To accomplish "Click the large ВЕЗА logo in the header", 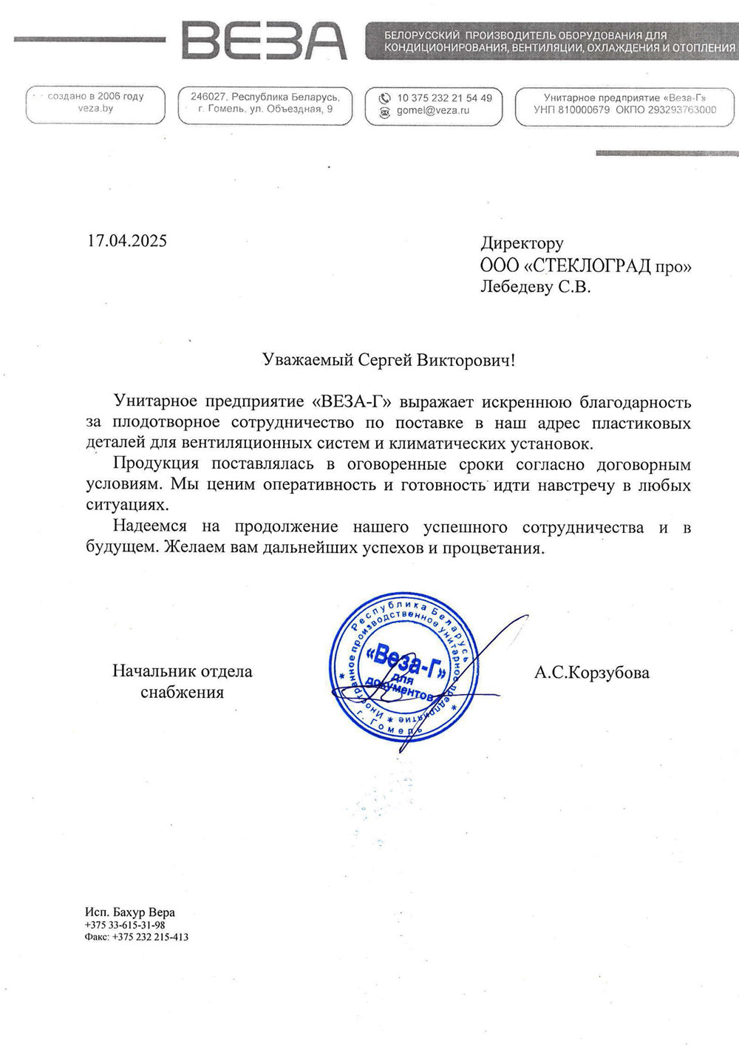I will click(264, 41).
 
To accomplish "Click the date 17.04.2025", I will click(127, 241).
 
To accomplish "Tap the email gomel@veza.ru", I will click(432, 111).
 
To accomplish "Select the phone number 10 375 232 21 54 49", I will click(444, 98).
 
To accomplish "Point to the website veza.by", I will click(95, 109).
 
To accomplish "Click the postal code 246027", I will click(208, 97).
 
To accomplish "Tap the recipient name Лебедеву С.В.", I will click(535, 287).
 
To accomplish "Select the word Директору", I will click(522, 243).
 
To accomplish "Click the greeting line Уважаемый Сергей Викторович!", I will click(389, 360).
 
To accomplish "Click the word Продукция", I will click(156, 464).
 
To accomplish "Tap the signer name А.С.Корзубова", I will click(591, 673).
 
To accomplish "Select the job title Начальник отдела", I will click(182, 671).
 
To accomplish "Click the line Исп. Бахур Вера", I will click(130, 912).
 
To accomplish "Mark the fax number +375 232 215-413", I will click(150, 937).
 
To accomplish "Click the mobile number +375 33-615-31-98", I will click(125, 925).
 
